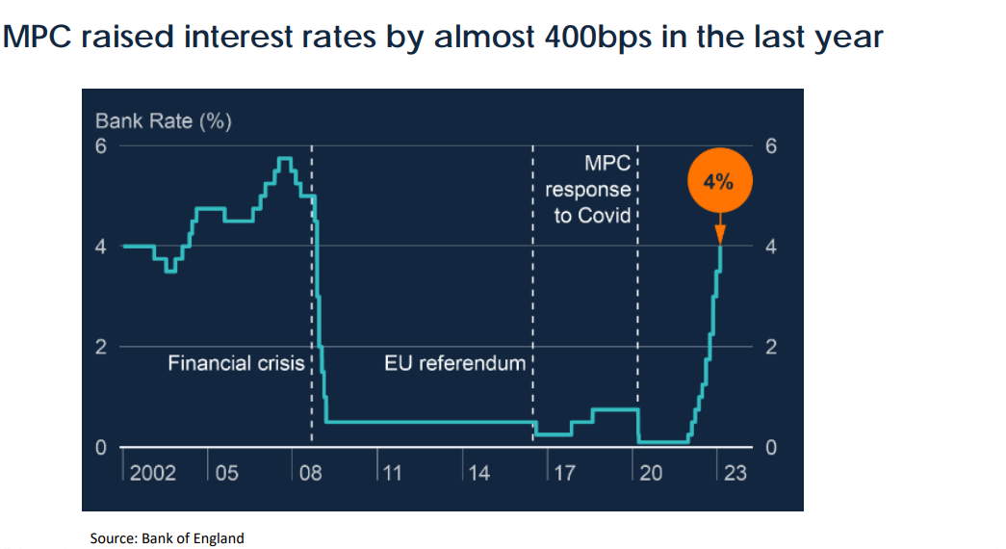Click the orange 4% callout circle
(x=719, y=181)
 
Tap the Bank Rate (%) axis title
(x=163, y=121)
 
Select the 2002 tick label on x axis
(x=153, y=473)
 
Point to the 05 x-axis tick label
(x=228, y=473)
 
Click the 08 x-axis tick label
(x=311, y=473)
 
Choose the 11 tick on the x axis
(x=392, y=473)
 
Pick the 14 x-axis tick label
(x=478, y=473)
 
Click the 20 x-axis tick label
(x=651, y=473)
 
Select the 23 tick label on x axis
(x=735, y=473)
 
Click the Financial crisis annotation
(x=236, y=364)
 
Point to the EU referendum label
(x=455, y=364)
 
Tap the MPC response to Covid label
(x=593, y=190)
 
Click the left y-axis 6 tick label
(x=100, y=146)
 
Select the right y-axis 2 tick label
(x=769, y=348)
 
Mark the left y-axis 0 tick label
(x=100, y=448)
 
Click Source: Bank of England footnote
(x=167, y=538)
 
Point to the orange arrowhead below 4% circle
(x=719, y=235)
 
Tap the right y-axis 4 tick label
(x=769, y=248)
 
